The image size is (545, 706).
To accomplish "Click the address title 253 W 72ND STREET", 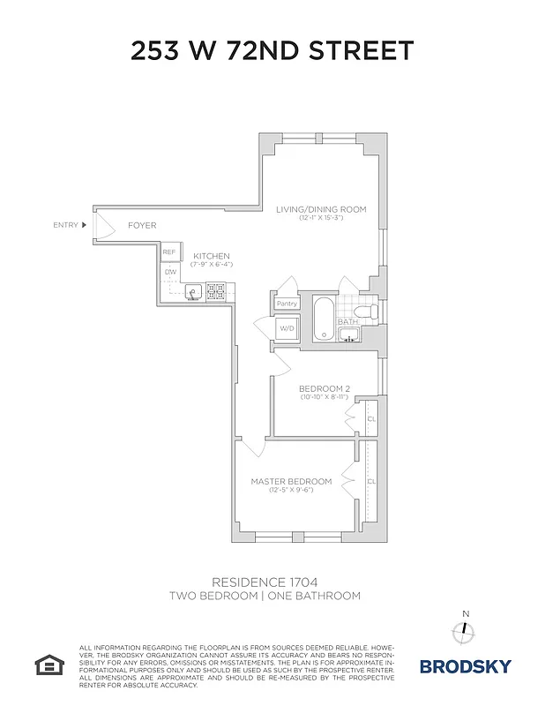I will [272, 50].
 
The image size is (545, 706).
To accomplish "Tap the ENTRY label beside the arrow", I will [66, 225].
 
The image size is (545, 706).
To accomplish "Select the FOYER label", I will [142, 225].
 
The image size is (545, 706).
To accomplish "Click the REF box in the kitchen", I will [169, 252].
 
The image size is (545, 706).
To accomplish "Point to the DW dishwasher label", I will [169, 273].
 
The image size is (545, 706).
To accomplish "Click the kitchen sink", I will [194, 290].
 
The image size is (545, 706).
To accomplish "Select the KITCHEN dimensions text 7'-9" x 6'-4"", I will [210, 264].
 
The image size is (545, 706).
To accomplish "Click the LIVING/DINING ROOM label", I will [321, 209].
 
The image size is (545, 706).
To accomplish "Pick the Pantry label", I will [287, 304].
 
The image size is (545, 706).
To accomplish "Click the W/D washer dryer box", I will [287, 329].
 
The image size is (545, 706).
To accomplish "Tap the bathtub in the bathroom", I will [323, 319].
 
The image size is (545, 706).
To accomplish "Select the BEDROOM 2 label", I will [325, 389].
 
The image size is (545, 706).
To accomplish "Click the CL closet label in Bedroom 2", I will [371, 419].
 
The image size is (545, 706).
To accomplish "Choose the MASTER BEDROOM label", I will [291, 481].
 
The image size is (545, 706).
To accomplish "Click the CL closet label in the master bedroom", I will [371, 481].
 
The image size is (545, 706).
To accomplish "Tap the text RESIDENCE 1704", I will [265, 582].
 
